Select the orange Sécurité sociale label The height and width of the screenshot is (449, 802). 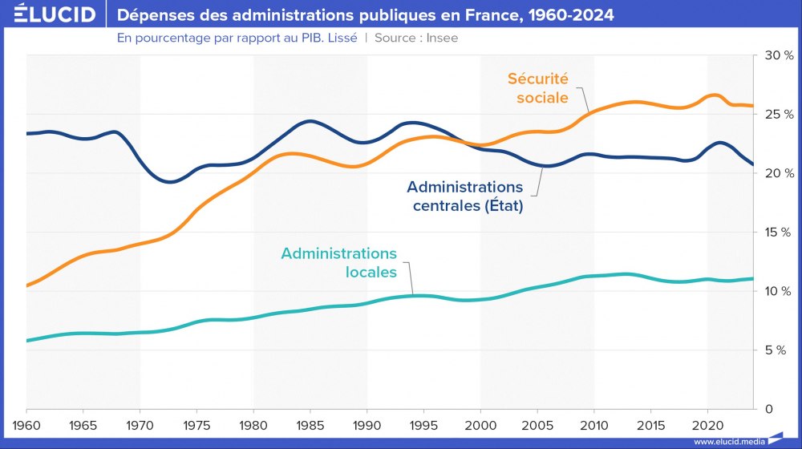pos(537,88)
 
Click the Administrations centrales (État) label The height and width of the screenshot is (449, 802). pos(464,196)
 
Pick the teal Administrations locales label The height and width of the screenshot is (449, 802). pos(338,262)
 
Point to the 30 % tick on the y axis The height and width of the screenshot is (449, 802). pos(777,55)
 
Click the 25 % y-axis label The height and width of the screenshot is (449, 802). pos(777,115)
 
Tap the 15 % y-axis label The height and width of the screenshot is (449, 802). pos(777,233)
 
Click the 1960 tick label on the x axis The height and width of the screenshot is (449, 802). pos(26,423)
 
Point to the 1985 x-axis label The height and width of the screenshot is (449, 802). pos(310,423)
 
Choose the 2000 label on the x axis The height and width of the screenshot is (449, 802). pos(480,423)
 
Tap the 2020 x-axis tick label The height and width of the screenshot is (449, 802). pos(707,423)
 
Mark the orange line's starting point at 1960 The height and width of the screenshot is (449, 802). pos(27,285)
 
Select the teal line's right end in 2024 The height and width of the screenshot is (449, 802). pos(752,279)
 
